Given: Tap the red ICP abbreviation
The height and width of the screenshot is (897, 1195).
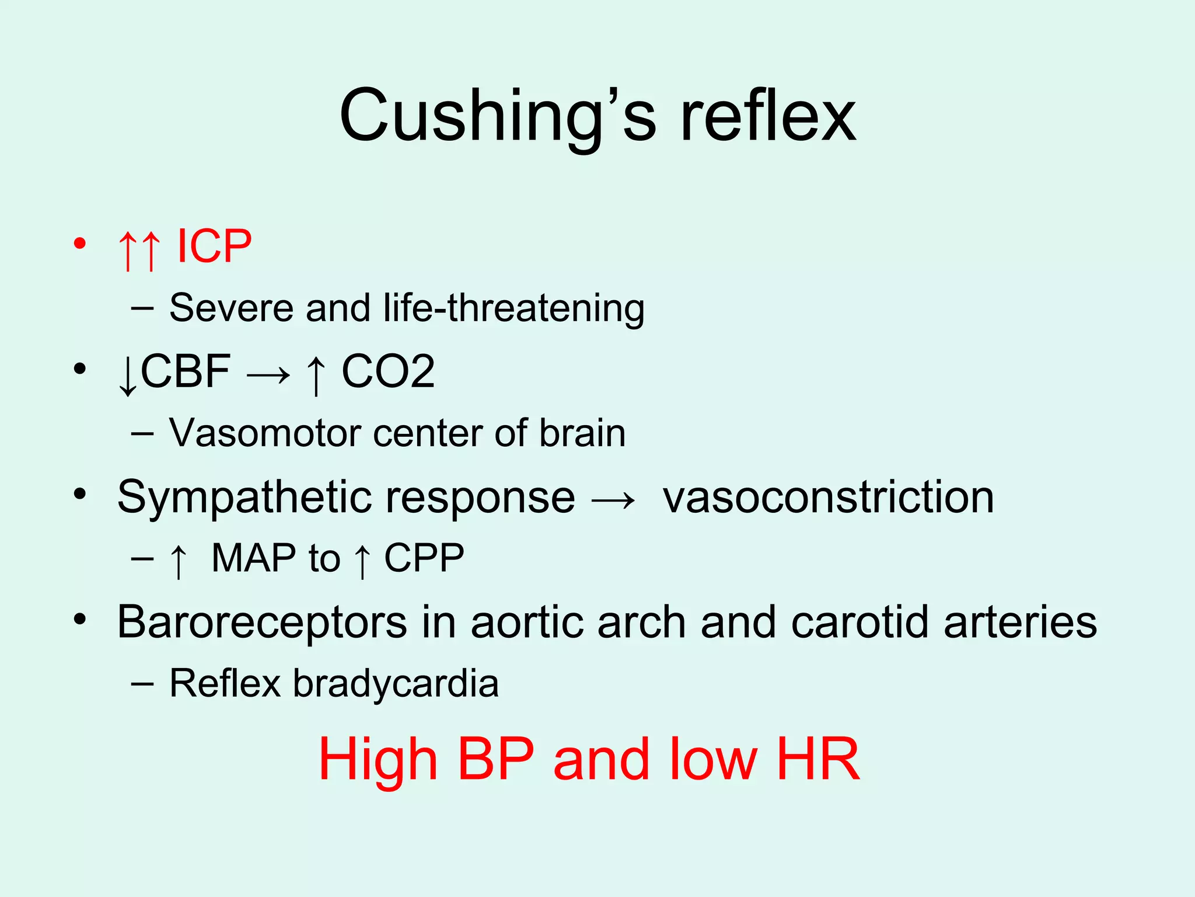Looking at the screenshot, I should point(214,246).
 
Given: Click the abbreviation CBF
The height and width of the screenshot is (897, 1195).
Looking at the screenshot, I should point(186,371).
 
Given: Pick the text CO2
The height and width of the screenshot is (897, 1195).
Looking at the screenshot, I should point(388,371).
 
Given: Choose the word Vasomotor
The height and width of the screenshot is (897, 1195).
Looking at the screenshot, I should point(264,433).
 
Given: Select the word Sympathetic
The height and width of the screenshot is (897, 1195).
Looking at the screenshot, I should point(243,498).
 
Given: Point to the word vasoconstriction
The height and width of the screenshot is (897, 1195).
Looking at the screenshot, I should point(828,498).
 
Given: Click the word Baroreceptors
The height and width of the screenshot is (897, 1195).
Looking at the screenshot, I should point(262,623).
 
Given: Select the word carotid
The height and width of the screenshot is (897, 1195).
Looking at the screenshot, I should point(860,623).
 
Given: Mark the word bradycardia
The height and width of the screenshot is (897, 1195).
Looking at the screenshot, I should point(396,683).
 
